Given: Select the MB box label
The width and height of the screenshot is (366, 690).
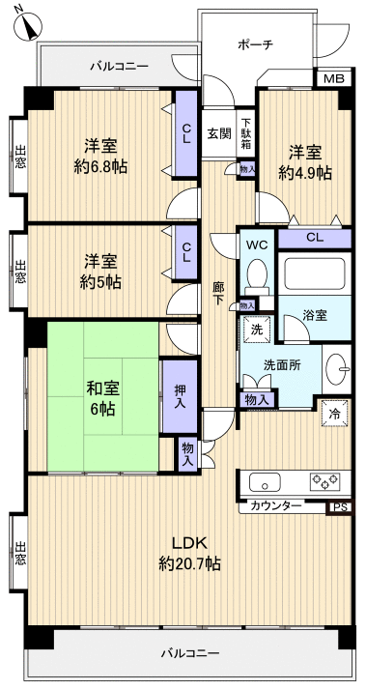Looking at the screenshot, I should [x=332, y=79].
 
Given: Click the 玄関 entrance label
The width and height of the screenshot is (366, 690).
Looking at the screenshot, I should [x=218, y=133].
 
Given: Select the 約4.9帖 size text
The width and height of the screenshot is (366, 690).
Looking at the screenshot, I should [x=305, y=173].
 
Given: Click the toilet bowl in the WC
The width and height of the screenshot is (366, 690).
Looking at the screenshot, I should [x=256, y=276].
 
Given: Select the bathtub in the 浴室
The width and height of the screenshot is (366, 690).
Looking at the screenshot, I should [x=314, y=274].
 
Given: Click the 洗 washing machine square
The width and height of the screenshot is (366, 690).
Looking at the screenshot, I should [x=257, y=329].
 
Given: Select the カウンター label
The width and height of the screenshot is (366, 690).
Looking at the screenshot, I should [x=275, y=505].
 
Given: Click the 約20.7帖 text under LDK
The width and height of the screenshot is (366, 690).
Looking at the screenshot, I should [x=189, y=562].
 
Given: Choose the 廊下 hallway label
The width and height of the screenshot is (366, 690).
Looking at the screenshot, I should [x=219, y=293].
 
